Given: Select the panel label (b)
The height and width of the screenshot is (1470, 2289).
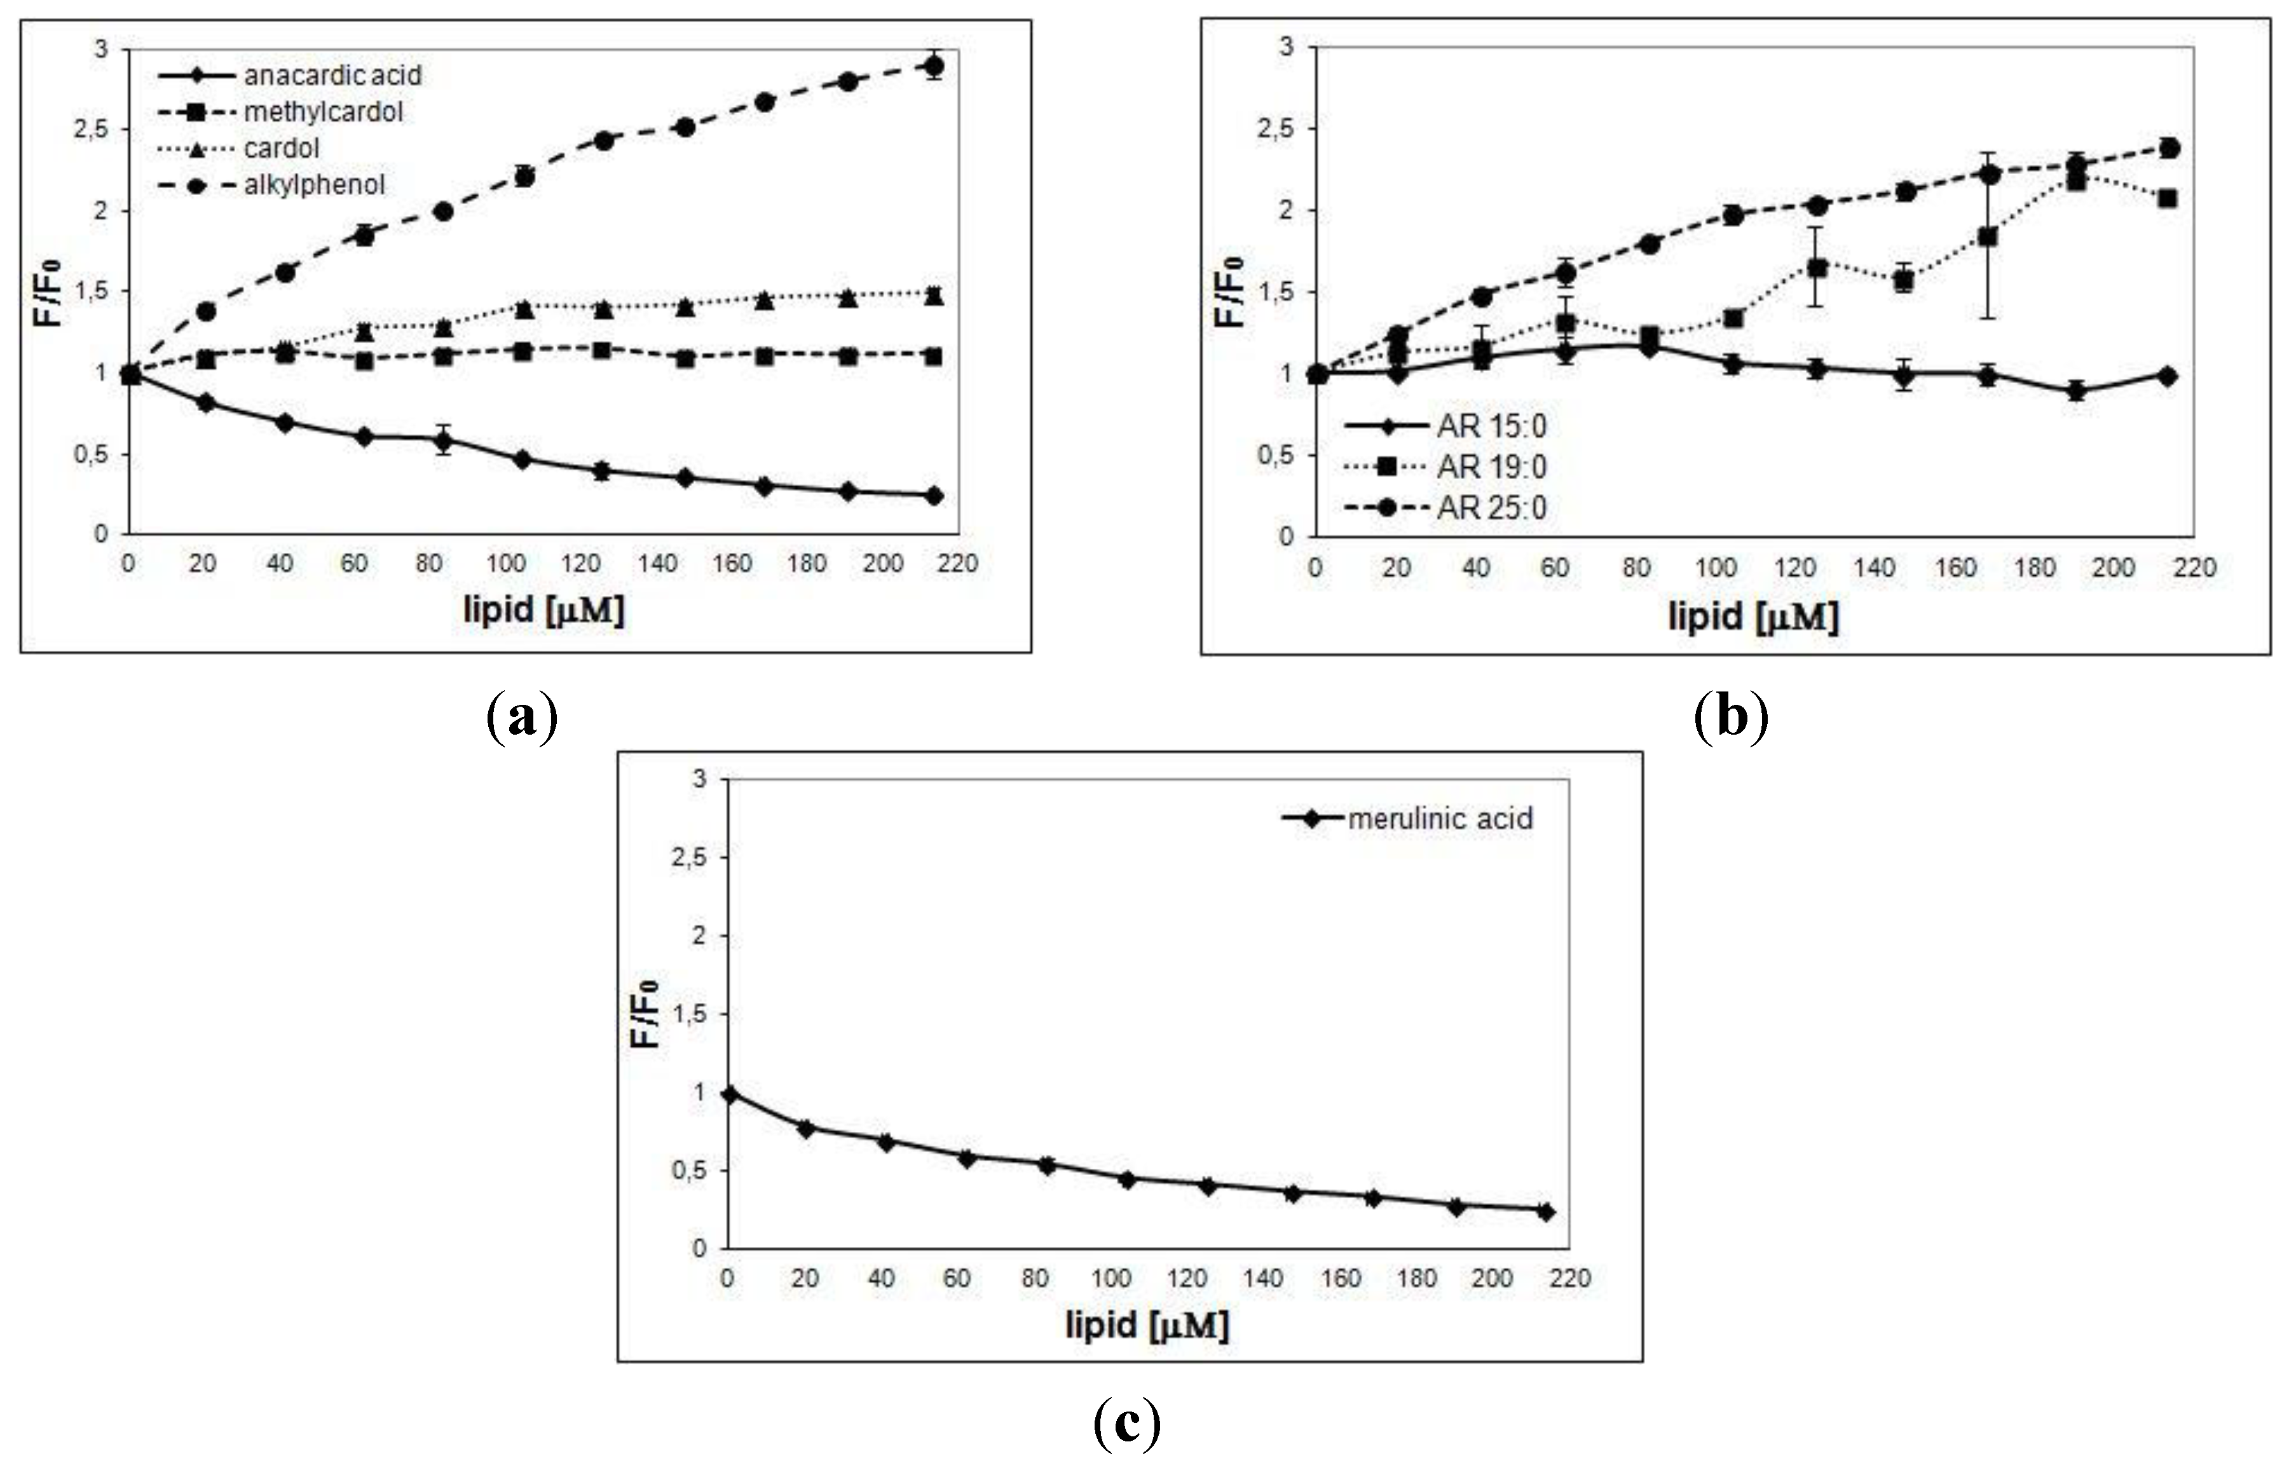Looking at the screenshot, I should click(x=1731, y=717).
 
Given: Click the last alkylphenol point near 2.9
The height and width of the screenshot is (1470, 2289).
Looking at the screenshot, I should click(x=934, y=66).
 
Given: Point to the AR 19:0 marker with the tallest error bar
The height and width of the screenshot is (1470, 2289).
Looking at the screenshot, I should click(x=1987, y=236).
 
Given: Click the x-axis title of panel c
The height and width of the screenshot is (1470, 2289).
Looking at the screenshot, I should click(x=1147, y=1325).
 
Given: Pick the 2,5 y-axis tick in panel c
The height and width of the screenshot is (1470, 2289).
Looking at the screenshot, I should click(x=689, y=858).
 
